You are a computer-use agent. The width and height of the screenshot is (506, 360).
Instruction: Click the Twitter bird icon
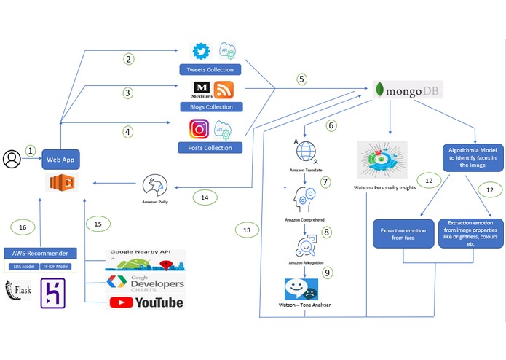tap(200, 52)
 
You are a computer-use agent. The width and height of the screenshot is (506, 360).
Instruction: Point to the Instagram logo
tap(199, 129)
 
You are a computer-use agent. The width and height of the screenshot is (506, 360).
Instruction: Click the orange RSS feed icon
tap(224, 90)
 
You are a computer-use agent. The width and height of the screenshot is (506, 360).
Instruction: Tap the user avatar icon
tap(12, 158)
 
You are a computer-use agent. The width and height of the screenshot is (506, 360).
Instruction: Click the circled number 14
tap(205, 197)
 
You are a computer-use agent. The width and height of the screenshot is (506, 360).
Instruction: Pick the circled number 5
tap(301, 78)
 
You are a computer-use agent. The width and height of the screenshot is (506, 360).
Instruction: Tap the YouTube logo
tap(146, 302)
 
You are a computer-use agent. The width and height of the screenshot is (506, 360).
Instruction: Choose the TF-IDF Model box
tap(56, 267)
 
